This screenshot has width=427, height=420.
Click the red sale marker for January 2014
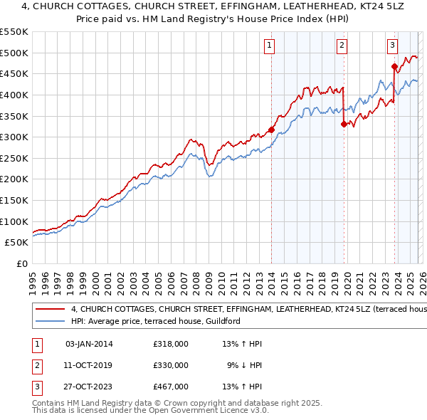(271, 130)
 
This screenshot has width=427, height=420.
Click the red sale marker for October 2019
(344, 124)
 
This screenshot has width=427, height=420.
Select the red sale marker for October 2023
(394, 67)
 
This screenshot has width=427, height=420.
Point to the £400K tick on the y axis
(14, 95)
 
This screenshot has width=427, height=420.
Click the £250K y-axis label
(14, 158)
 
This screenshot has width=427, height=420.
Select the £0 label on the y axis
(22, 263)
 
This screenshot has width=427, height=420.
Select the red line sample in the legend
(50, 310)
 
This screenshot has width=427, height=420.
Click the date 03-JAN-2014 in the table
(89, 344)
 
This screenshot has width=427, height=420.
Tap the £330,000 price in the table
(171, 365)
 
